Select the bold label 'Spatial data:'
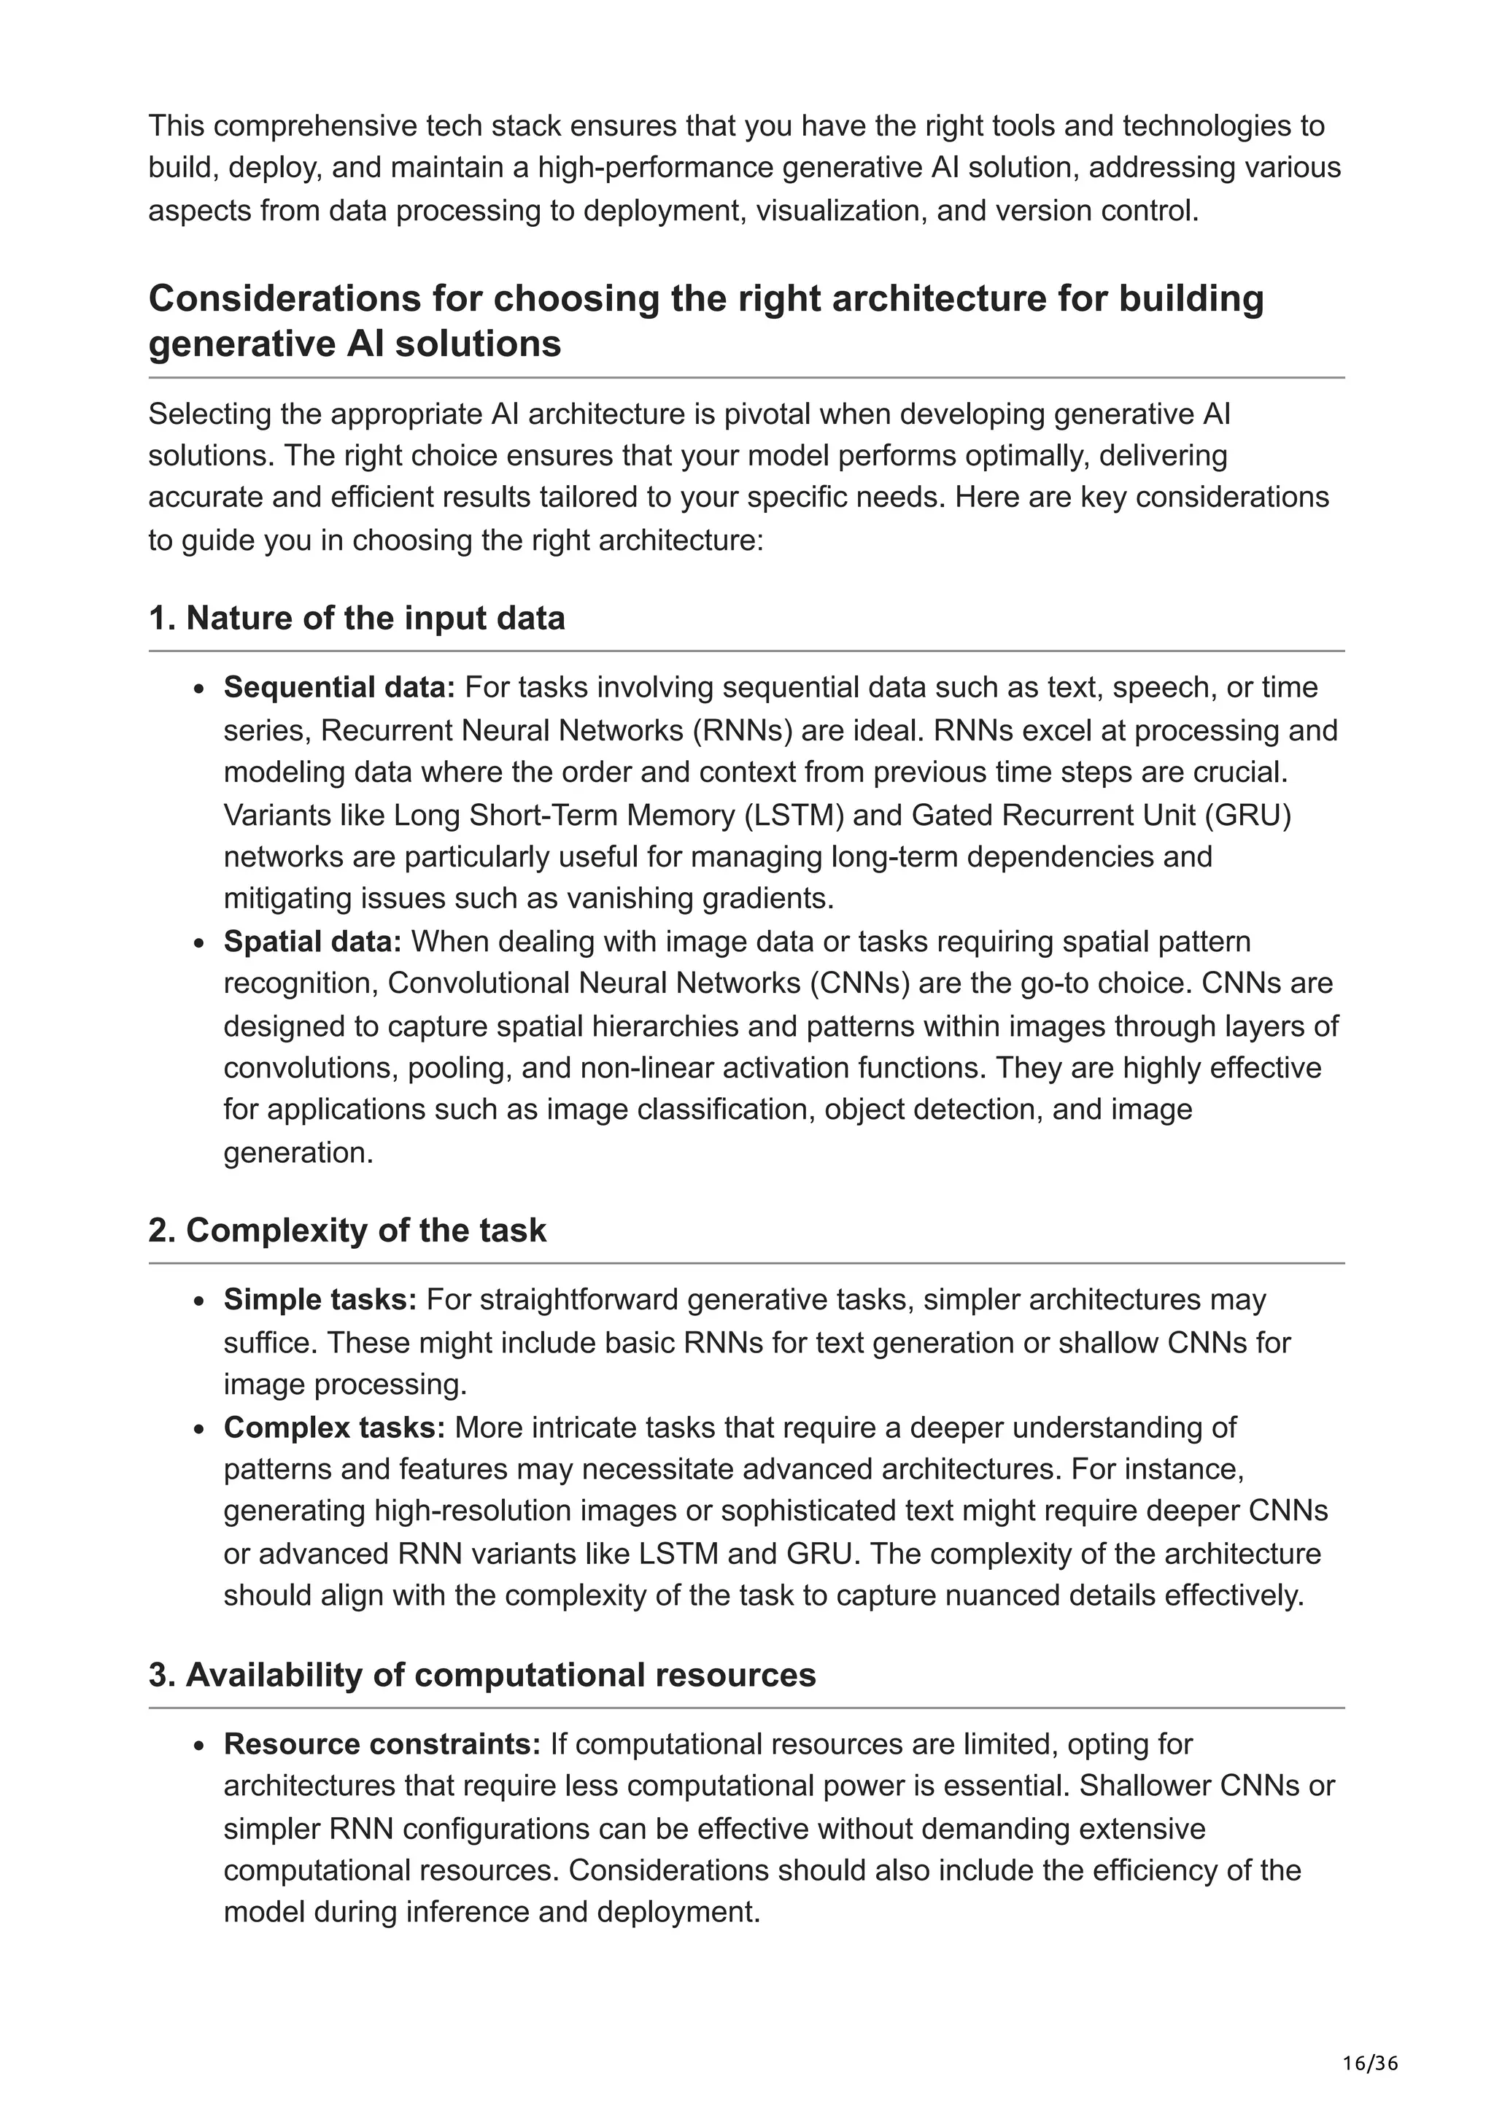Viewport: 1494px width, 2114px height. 313,942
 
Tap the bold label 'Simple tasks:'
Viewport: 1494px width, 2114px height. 320,1300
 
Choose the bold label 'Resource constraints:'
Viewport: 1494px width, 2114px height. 382,1744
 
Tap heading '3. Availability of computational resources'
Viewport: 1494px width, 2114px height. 481,1675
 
